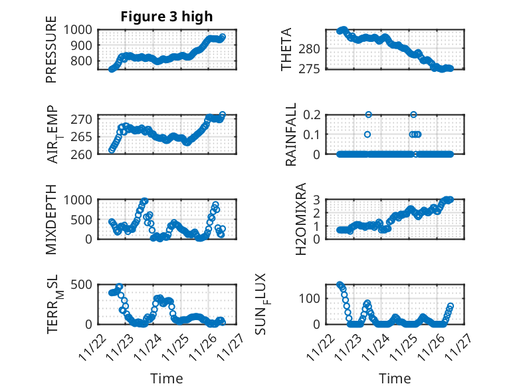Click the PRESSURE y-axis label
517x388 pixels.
pyautogui.click(x=51, y=54)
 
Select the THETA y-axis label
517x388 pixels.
pyautogui.click(x=286, y=49)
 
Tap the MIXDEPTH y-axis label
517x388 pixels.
pyautogui.click(x=51, y=219)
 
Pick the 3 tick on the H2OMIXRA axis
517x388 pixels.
pyautogui.click(x=318, y=200)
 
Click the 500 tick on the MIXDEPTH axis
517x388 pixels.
pyautogui.click(x=85, y=219)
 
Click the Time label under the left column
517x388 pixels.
pyautogui.click(x=166, y=378)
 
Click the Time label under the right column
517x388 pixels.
pyautogui.click(x=395, y=378)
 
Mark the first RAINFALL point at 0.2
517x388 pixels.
pyautogui.click(x=368, y=114)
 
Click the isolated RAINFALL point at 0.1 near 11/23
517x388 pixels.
pyautogui.click(x=367, y=134)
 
